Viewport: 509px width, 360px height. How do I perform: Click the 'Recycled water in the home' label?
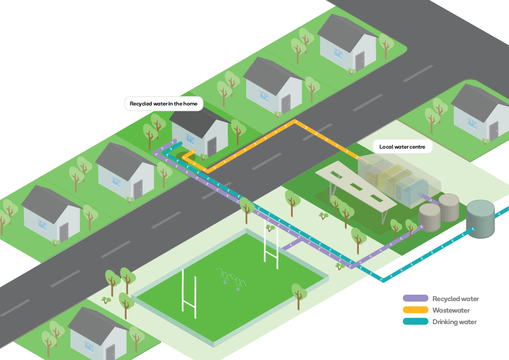pos(164,104)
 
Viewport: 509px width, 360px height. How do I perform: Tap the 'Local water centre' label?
pos(402,147)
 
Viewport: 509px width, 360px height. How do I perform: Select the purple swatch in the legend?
pos(415,299)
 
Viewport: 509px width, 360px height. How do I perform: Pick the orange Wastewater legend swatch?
pos(415,310)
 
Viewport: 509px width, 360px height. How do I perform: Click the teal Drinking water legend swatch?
pos(415,322)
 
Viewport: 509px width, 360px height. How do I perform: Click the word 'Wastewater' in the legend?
pos(451,310)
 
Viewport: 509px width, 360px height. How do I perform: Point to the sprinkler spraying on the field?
pos(231,280)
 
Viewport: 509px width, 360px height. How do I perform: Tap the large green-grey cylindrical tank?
pos(480,218)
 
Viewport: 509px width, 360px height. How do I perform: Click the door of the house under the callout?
pos(212,146)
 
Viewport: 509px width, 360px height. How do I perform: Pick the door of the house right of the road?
pos(494,131)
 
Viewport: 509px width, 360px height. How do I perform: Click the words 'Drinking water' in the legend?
pos(454,322)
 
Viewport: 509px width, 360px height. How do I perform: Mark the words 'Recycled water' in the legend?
pos(456,299)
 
